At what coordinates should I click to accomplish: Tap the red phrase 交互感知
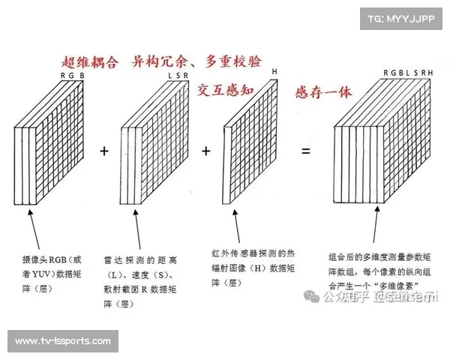pyautogui.click(x=228, y=91)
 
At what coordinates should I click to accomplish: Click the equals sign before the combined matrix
pyautogui.click(x=305, y=151)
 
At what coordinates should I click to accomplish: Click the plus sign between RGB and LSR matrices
pyautogui.click(x=104, y=151)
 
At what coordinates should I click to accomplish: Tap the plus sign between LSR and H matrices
pyautogui.click(x=206, y=151)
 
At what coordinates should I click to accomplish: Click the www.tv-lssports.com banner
pyautogui.click(x=62, y=341)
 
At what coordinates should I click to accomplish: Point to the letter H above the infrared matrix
pyautogui.click(x=274, y=73)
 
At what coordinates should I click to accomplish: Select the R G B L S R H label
pyautogui.click(x=408, y=73)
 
